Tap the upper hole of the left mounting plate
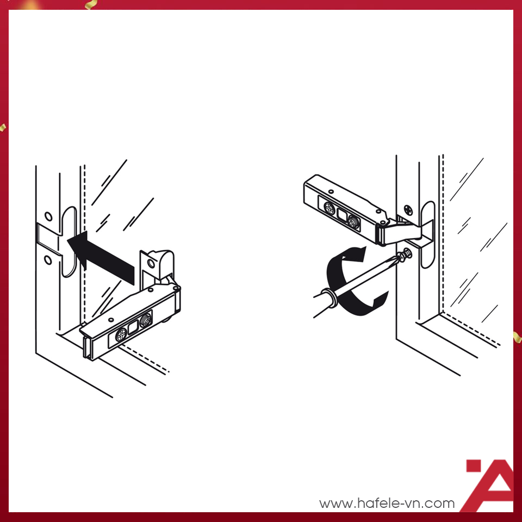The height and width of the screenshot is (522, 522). [x=48, y=216]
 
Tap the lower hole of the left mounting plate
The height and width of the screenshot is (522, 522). [x=48, y=260]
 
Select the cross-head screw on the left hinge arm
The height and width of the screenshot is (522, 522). [x=121, y=335]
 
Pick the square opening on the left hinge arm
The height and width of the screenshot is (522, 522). [x=133, y=328]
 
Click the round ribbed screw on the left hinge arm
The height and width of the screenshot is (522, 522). [x=146, y=320]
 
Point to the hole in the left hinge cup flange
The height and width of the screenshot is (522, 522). [x=151, y=264]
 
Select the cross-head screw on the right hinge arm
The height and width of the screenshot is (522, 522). [x=330, y=208]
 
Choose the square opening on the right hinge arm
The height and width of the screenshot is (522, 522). [x=342, y=215]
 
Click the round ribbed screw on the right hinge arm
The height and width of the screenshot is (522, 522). [x=353, y=222]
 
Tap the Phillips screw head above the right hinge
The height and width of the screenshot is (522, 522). [x=408, y=210]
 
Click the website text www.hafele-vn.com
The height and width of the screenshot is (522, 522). [x=387, y=503]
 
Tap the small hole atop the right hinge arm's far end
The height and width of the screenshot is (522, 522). [x=331, y=191]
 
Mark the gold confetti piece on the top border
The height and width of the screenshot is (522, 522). [x=91, y=4]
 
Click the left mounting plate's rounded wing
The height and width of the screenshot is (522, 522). [x=69, y=241]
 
